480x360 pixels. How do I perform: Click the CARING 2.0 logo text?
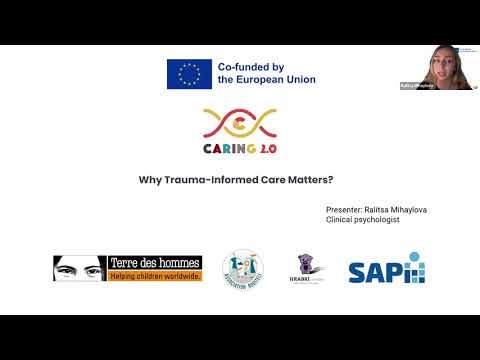(x=240, y=149)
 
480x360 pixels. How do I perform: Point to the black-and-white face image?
(x=80, y=268)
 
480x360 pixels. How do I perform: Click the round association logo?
(x=241, y=269)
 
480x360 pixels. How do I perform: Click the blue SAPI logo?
(x=386, y=270)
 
